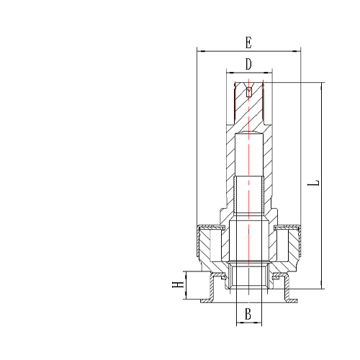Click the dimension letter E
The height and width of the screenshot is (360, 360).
(248, 42)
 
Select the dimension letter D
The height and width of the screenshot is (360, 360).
(248, 64)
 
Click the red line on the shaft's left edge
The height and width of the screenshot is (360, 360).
(235, 102)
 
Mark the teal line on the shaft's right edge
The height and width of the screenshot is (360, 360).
(264, 102)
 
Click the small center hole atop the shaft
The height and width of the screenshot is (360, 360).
(249, 91)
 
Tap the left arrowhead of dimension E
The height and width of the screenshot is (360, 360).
(199, 51)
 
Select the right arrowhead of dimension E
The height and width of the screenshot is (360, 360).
(297, 51)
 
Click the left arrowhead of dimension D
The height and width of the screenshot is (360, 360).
(228, 73)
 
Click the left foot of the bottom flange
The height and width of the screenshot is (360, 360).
(205, 297)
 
